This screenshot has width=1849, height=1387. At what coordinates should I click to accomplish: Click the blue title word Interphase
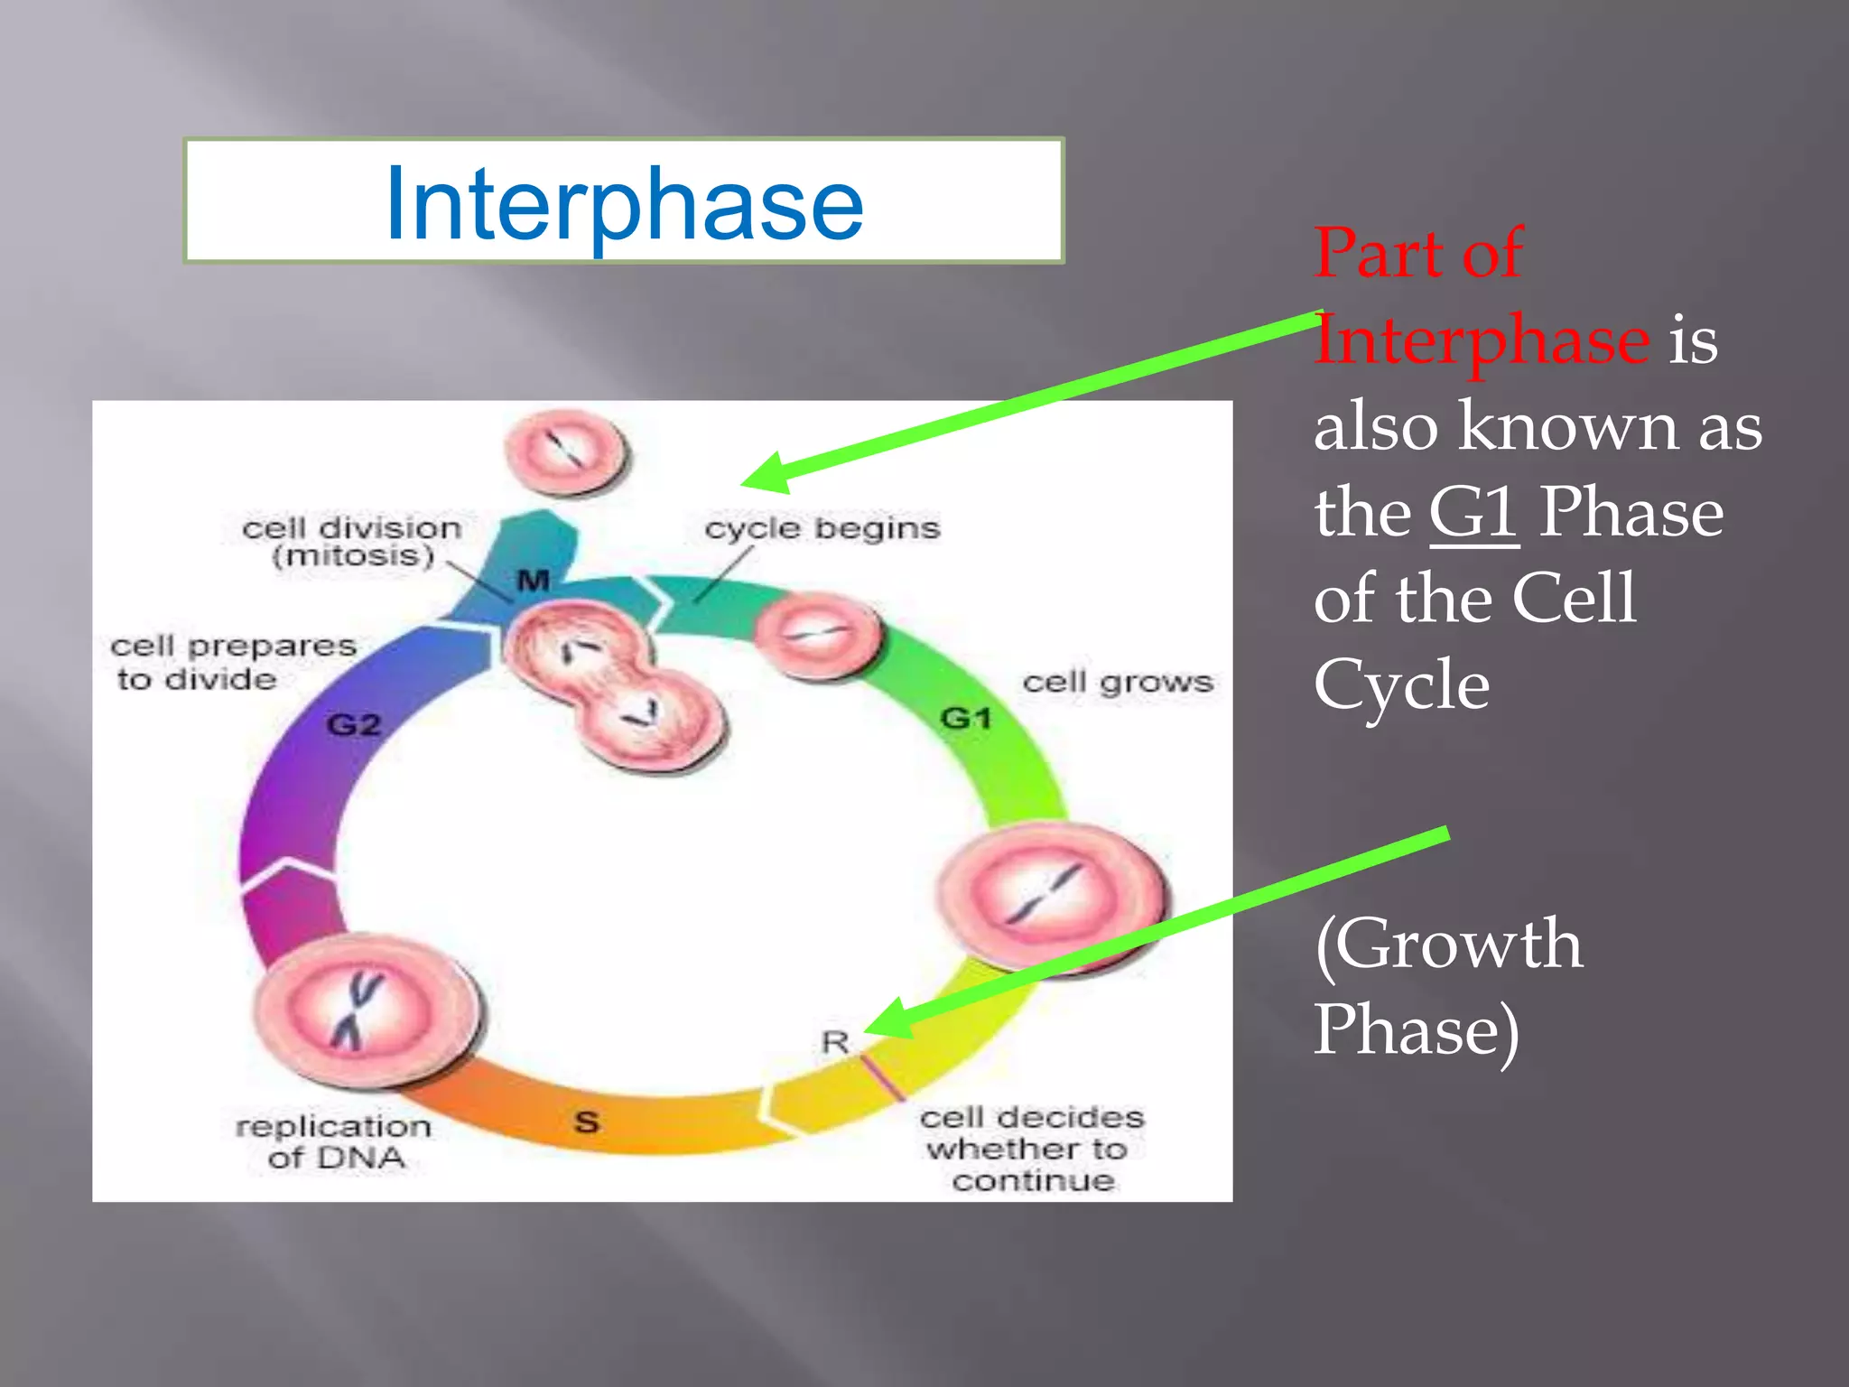[624, 206]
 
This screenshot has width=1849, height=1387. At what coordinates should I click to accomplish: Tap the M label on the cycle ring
[534, 581]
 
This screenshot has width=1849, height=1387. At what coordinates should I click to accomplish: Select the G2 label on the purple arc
[354, 724]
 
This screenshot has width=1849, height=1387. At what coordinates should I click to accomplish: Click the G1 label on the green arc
[966, 719]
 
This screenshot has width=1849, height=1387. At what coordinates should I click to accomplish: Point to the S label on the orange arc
[587, 1122]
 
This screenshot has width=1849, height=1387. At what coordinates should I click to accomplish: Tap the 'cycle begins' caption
[822, 528]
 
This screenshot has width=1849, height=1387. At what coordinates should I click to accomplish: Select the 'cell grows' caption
[1117, 682]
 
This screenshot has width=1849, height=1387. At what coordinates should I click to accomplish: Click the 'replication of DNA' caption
[334, 1141]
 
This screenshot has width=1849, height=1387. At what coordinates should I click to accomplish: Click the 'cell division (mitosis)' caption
[352, 541]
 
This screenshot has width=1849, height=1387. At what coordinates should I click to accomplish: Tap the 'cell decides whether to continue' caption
[1032, 1149]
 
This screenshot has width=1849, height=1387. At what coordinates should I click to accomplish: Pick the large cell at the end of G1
[1052, 896]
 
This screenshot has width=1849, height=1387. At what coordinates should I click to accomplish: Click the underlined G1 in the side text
[1473, 513]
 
